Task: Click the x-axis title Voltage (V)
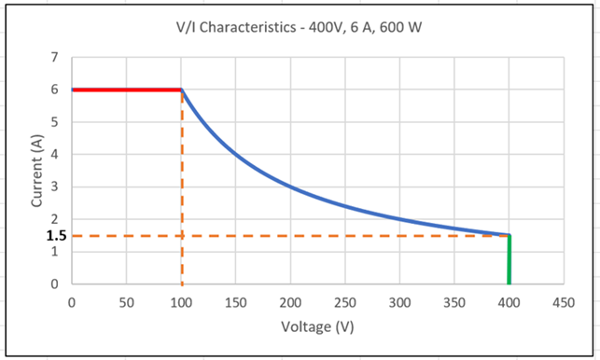click(x=317, y=327)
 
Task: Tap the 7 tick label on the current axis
click(x=55, y=58)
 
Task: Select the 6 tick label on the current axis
click(x=55, y=90)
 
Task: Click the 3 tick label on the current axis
click(x=55, y=187)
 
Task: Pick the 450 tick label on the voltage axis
click(x=564, y=302)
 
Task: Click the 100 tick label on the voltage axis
click(x=181, y=302)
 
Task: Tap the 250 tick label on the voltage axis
click(x=345, y=302)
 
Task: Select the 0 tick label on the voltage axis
click(x=72, y=302)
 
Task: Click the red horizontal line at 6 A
click(x=126, y=90)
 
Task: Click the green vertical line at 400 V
click(x=509, y=261)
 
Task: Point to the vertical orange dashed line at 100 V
click(x=181, y=187)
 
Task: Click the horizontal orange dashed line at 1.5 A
click(x=280, y=235)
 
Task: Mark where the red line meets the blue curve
click(x=181, y=90)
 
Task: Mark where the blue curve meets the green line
click(x=509, y=235)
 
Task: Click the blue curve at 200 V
click(x=290, y=187)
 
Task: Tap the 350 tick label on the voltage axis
click(x=454, y=302)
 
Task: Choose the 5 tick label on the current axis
click(x=55, y=122)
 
